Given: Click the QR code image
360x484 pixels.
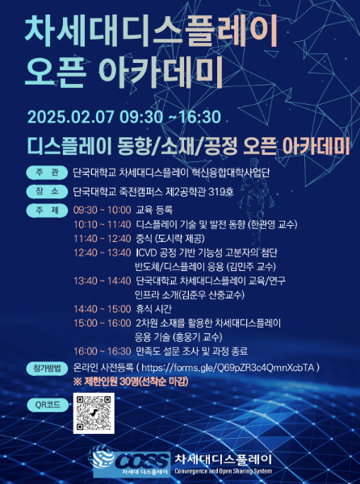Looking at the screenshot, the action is (94, 413).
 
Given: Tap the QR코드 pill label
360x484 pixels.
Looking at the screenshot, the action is (48, 405).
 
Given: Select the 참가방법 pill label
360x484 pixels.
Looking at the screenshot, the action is (47, 369).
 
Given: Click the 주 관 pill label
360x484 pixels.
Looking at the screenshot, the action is (47, 173).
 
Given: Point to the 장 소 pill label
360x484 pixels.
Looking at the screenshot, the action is (47, 191).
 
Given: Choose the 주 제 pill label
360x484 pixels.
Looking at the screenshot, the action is (47, 211).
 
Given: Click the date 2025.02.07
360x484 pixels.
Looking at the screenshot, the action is (71, 117).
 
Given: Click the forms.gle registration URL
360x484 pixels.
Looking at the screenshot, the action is (228, 368).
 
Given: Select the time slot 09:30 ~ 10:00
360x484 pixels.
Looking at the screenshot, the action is (103, 211).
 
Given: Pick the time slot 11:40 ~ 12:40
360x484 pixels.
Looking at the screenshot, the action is (103, 239).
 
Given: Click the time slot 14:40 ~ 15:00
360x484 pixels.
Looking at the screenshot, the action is (103, 309).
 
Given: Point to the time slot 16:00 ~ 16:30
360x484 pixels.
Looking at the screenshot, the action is (103, 351).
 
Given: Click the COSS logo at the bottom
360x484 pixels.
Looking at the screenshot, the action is (130, 461).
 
